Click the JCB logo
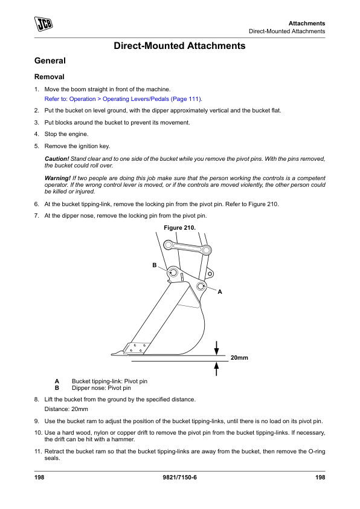pos(43,24)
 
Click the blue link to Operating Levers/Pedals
pos(123,99)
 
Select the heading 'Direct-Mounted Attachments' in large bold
pos(179,46)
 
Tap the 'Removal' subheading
pos(50,77)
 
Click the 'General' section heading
pos(50,60)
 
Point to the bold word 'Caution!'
pos(57,159)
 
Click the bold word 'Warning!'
pos(57,178)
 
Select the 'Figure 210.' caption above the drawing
pos(179,228)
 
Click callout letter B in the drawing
pos(155,265)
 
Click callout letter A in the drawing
pos(220,292)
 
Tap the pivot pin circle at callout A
pos(201,286)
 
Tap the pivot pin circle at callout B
pos(173,271)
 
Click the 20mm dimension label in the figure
pos(239,358)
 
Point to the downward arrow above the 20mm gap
pos(217,348)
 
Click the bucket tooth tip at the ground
pos(112,354)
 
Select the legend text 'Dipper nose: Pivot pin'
pos(101,388)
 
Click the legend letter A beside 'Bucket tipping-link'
pos(57,381)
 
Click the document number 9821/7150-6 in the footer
pos(179,477)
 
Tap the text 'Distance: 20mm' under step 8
pos(66,409)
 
